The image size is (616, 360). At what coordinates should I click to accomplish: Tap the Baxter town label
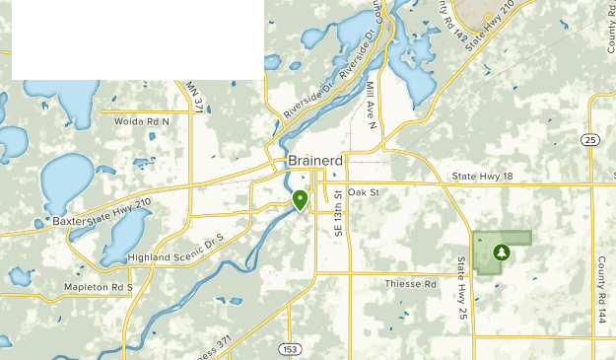tap(71, 221)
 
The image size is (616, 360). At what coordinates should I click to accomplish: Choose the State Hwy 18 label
tap(483, 177)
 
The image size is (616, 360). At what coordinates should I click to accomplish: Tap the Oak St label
tap(363, 192)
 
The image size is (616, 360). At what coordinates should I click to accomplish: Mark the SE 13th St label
tap(337, 215)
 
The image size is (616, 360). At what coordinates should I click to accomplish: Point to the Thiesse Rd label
tap(409, 284)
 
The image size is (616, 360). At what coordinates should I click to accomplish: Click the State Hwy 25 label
tap(461, 287)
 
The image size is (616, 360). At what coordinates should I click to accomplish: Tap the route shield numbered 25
tap(590, 140)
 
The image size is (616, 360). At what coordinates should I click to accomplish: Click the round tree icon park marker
tap(502, 252)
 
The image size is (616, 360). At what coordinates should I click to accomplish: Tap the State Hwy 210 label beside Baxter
tap(121, 210)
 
